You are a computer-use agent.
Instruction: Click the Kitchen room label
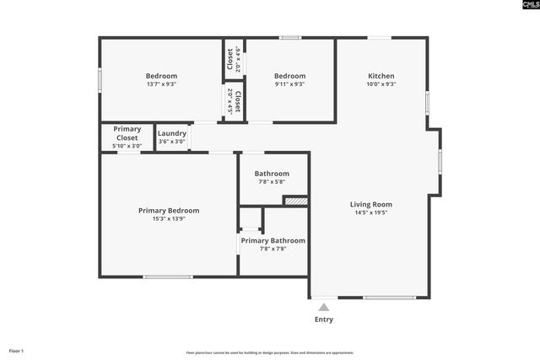381,76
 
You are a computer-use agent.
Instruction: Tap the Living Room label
371,204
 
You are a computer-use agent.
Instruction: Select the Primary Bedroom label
169,210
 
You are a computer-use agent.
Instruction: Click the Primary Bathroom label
273,240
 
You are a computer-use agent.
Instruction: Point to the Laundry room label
172,133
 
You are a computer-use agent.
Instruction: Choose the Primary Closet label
127,133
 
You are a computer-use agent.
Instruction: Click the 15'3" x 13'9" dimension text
169,219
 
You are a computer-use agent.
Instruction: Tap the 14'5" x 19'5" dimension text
371,213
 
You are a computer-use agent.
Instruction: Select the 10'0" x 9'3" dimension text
381,84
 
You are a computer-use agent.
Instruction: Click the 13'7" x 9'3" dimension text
161,84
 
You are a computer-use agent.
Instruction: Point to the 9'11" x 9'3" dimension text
289,84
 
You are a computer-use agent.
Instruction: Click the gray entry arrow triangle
323,308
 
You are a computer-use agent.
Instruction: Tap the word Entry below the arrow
324,320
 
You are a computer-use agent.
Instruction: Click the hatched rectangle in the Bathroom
295,201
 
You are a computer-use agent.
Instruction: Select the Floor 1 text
17,351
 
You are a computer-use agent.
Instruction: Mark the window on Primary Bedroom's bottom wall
167,277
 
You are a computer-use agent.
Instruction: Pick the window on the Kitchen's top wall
379,37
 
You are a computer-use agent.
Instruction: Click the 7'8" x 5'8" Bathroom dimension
272,182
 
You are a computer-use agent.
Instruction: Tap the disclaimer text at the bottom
270,352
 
